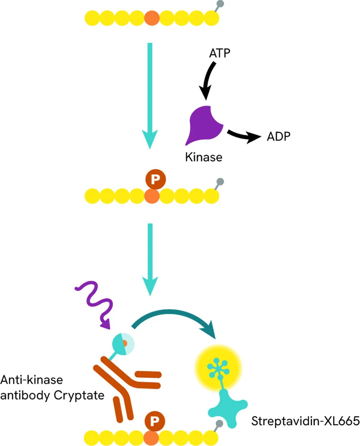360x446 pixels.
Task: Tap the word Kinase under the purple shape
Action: tap(204, 158)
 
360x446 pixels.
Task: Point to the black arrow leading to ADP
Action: tap(243, 135)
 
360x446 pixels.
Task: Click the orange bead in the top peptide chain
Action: tap(152, 18)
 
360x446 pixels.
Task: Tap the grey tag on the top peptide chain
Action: tap(220, 5)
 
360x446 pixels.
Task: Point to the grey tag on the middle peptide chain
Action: tap(220, 182)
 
